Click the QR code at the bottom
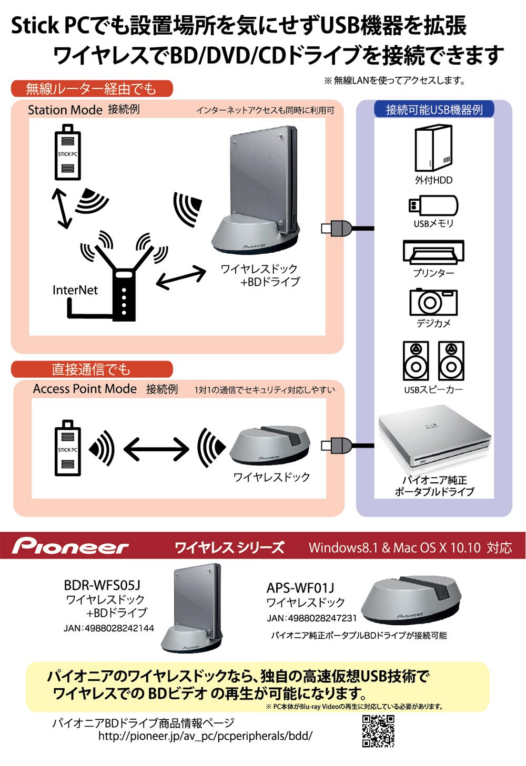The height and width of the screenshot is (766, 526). pyautogui.click(x=378, y=731)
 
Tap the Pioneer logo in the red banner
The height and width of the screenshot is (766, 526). pyautogui.click(x=70, y=546)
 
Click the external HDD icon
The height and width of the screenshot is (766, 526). pyautogui.click(x=433, y=148)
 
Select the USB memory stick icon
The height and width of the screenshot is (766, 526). pyautogui.click(x=433, y=205)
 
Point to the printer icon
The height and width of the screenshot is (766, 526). pyautogui.click(x=433, y=253)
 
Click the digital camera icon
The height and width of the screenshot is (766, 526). pyautogui.click(x=433, y=302)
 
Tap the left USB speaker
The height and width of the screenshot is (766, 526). pyautogui.click(x=416, y=360)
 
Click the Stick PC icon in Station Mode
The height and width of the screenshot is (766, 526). pyautogui.click(x=67, y=153)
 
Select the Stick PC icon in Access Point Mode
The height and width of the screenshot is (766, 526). pyautogui.click(x=68, y=448)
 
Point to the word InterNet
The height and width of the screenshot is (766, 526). pyautogui.click(x=75, y=290)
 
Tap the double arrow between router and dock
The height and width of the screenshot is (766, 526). pyautogui.click(x=181, y=277)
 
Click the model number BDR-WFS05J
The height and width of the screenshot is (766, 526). pyautogui.click(x=102, y=585)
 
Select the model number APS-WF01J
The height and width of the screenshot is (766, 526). pyautogui.click(x=300, y=588)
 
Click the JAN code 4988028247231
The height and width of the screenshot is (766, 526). pyautogui.click(x=311, y=618)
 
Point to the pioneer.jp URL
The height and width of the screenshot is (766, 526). pyautogui.click(x=205, y=736)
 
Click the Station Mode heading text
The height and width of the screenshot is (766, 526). pyautogui.click(x=65, y=110)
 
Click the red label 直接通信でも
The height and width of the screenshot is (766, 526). pyautogui.click(x=91, y=369)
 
